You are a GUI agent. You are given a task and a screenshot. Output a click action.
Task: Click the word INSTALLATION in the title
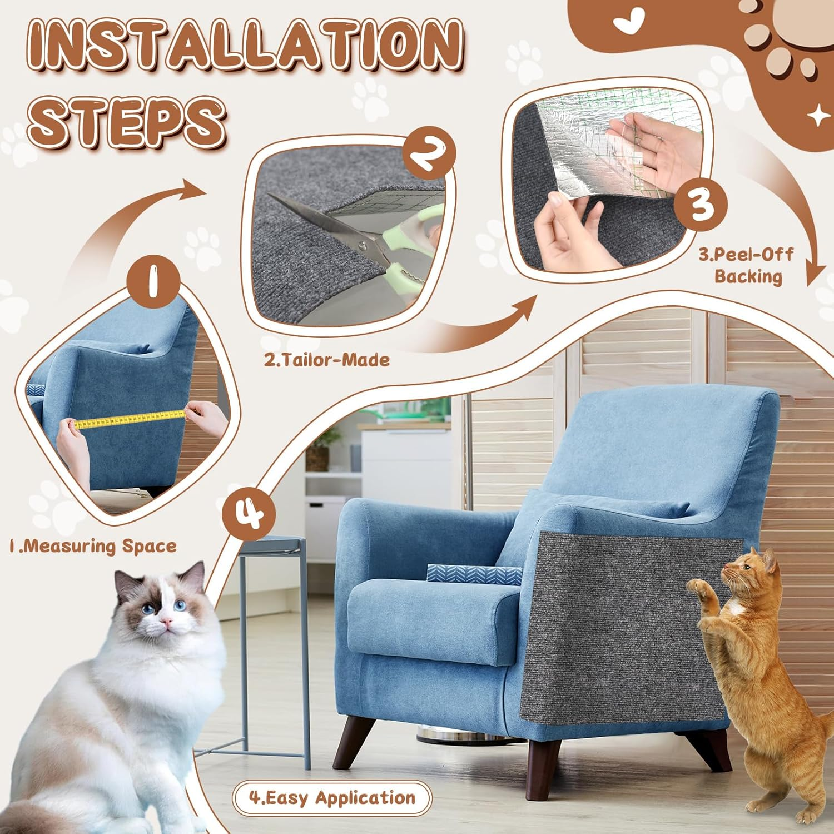pos(245,46)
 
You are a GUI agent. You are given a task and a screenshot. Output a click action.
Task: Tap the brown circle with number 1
pos(153,281)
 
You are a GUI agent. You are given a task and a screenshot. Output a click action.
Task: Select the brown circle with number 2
pos(429,153)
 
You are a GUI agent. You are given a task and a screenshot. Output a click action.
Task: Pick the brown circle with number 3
pos(700,204)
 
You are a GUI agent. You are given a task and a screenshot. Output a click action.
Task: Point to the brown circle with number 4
pos(249,513)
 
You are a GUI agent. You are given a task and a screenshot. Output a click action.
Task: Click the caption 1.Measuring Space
pos(93,546)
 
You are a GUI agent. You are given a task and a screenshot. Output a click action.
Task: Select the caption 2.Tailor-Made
pos(326,360)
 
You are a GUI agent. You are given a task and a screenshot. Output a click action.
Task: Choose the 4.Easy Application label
pos(332,798)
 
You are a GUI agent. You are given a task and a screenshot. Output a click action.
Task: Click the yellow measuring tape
pos(131,419)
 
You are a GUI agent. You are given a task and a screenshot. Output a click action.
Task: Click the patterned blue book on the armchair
pos(473,574)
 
